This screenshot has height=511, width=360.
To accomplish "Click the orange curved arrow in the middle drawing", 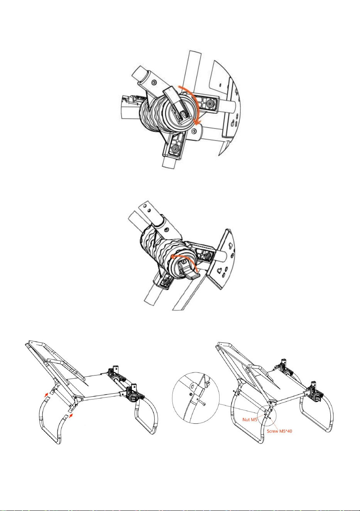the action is click(185, 258).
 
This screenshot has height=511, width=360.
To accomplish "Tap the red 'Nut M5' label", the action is click(250, 420).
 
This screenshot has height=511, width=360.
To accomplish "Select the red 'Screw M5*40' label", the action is click(279, 431).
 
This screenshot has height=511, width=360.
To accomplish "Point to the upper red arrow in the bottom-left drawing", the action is click(46, 394).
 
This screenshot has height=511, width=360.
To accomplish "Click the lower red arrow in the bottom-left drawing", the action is click(71, 415).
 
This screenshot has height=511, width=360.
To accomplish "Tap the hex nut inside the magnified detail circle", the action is click(190, 394).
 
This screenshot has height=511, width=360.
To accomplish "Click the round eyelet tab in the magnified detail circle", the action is click(193, 386).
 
